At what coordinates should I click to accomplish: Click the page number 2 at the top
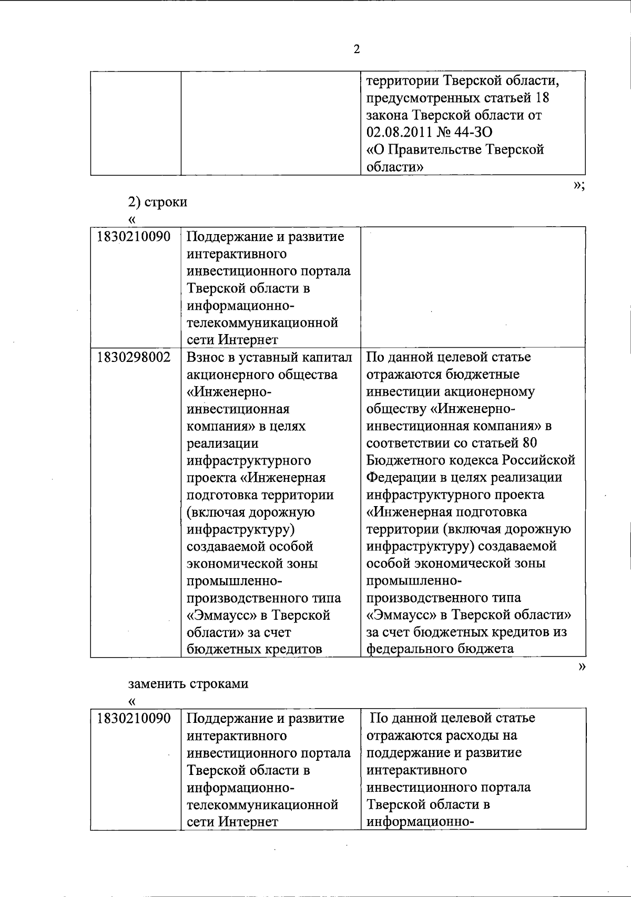click(x=357, y=49)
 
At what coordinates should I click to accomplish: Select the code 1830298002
click(x=134, y=357)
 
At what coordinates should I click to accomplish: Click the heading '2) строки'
click(x=158, y=202)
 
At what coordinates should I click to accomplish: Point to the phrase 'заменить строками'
click(x=188, y=684)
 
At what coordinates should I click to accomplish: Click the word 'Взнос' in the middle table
click(x=207, y=357)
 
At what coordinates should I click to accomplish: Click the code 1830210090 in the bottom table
click(x=134, y=718)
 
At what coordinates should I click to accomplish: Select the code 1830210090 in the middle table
click(x=134, y=237)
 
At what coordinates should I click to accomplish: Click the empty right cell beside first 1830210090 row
click(x=472, y=287)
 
